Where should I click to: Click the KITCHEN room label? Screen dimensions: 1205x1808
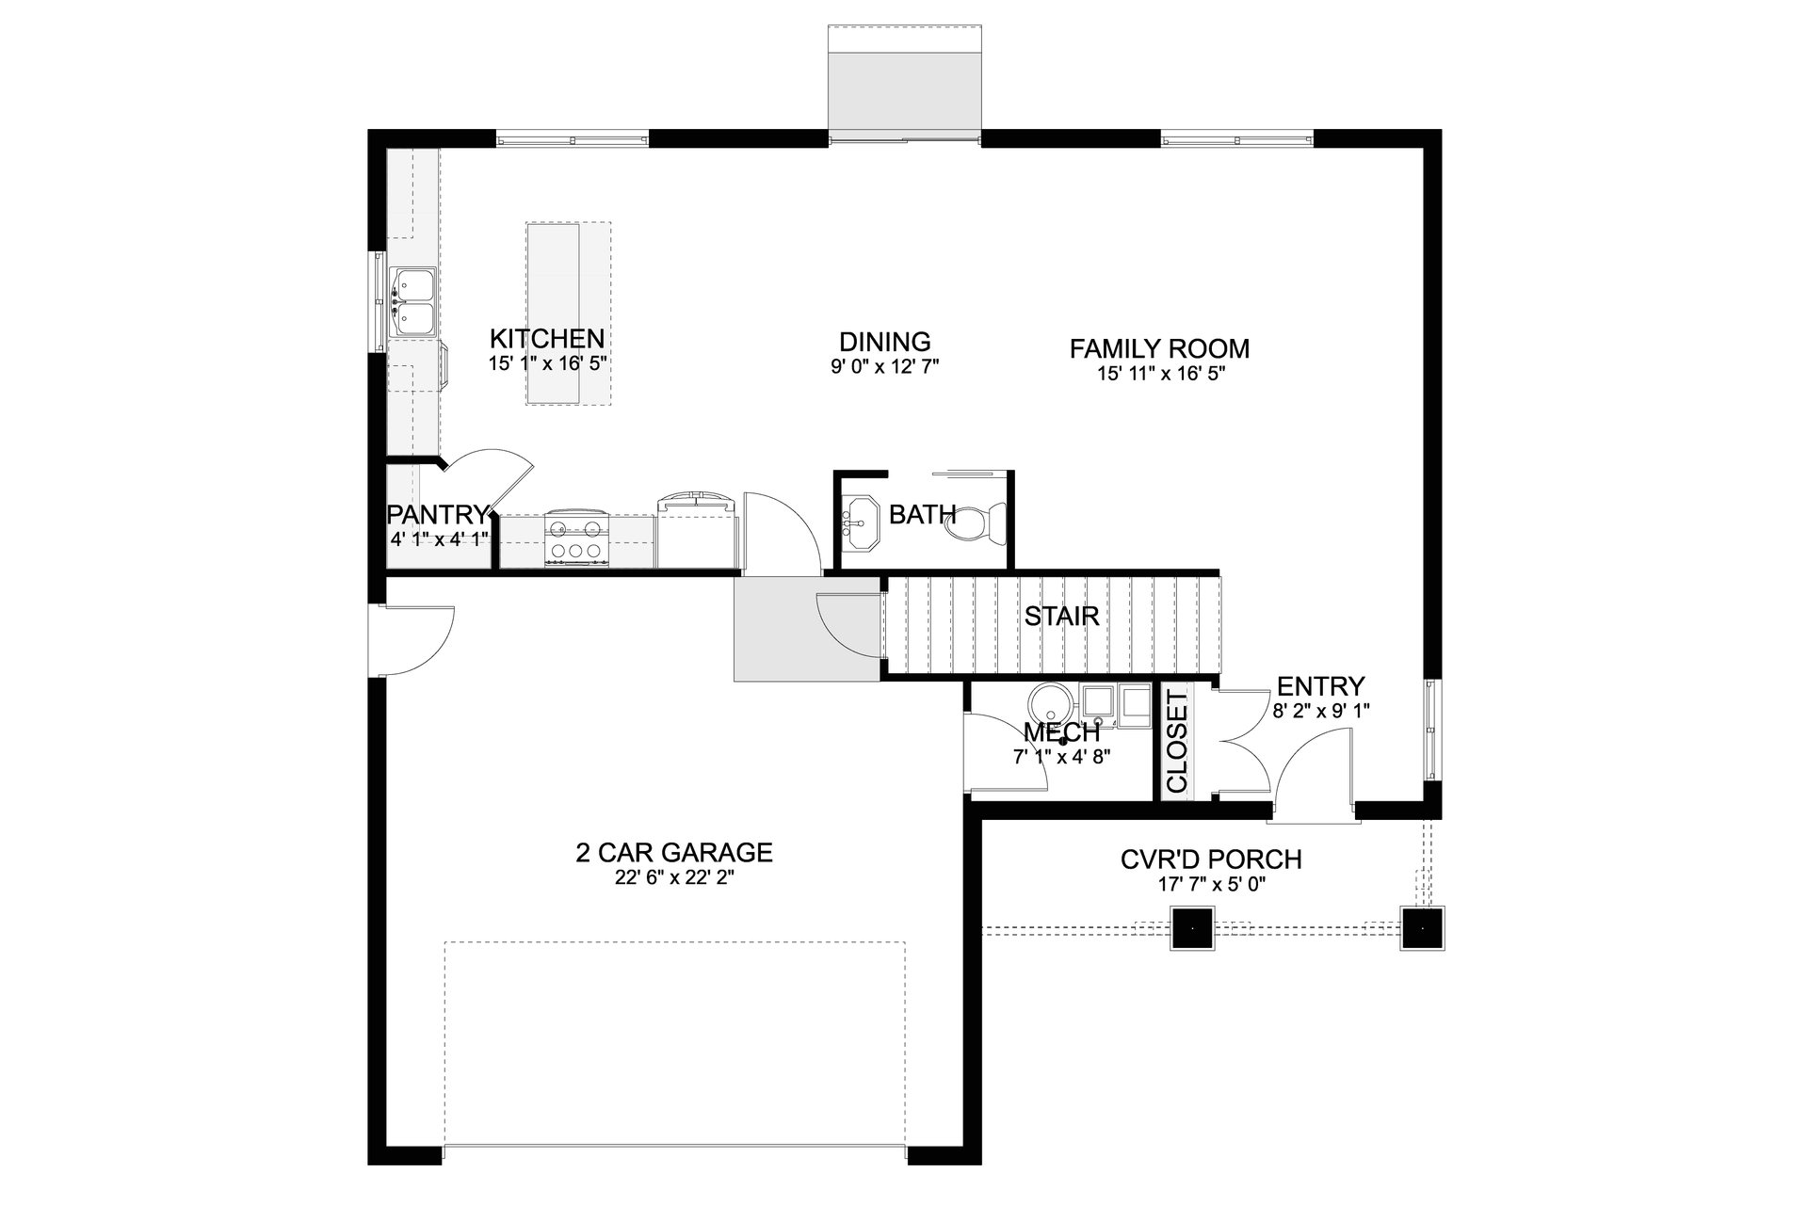[546, 339]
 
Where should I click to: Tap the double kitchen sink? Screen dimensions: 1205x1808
[412, 301]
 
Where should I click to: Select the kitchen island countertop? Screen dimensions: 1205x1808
[554, 313]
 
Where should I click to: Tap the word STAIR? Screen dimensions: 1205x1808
[1061, 617]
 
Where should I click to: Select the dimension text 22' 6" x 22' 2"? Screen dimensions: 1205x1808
[673, 877]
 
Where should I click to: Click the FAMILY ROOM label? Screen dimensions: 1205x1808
[1159, 348]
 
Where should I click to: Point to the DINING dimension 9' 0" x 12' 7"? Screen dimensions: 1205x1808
[884, 366]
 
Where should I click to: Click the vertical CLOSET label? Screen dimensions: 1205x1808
[1177, 741]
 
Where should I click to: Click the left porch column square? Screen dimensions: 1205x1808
[1192, 928]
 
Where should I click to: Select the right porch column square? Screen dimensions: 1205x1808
[1422, 928]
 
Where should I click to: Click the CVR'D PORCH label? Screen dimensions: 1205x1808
[1211, 860]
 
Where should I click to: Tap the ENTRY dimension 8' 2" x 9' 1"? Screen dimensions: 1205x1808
[1320, 712]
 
